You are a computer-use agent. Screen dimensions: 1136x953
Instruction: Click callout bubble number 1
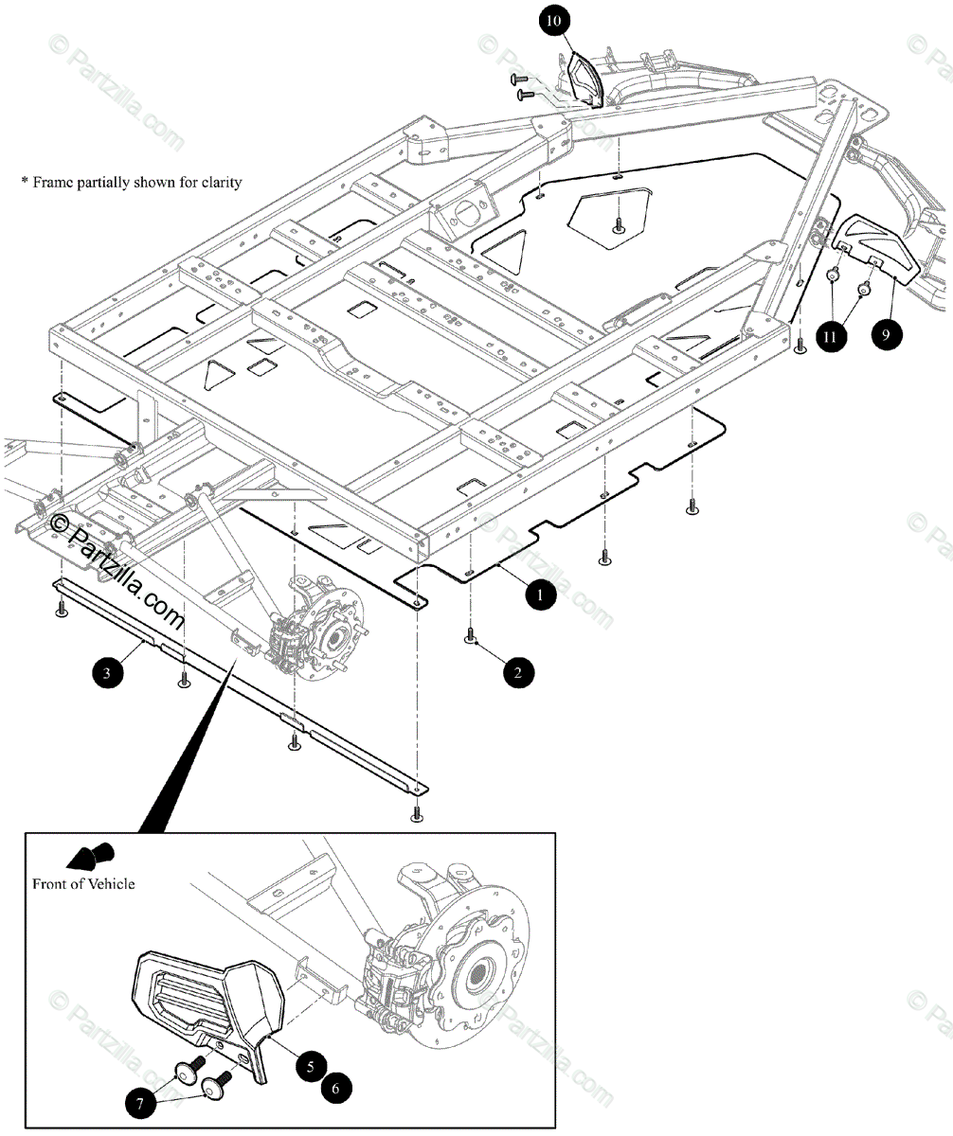(538, 595)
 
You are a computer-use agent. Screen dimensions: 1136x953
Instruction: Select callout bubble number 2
(518, 673)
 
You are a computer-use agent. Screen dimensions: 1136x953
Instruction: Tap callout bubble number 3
(107, 673)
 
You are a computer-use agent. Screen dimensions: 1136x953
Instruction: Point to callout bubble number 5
(310, 1065)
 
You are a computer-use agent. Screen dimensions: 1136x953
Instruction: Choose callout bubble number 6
(334, 1089)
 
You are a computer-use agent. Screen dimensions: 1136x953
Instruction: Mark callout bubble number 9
(886, 333)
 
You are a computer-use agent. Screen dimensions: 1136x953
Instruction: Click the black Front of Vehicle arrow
(91, 856)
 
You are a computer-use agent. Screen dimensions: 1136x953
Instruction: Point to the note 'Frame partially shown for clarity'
(132, 181)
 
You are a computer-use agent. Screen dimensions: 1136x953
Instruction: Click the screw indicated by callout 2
(470, 638)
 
